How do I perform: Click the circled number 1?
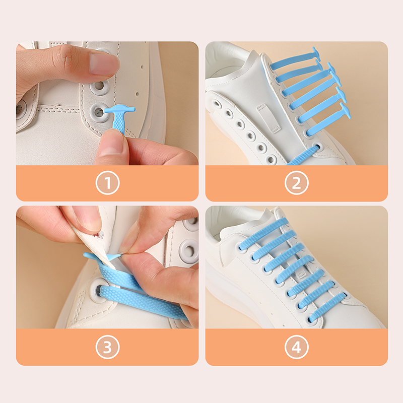[107, 183]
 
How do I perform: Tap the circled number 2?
[297, 183]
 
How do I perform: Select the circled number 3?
[107, 347]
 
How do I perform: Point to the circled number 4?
[297, 347]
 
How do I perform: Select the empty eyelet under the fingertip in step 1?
[98, 86]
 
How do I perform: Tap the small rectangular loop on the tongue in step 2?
[268, 118]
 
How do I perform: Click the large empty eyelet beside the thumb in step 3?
[190, 250]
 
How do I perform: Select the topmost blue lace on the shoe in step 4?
[263, 234]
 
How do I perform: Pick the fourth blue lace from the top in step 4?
[295, 269]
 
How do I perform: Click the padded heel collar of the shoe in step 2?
[226, 61]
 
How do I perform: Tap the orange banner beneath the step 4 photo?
[297, 347]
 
